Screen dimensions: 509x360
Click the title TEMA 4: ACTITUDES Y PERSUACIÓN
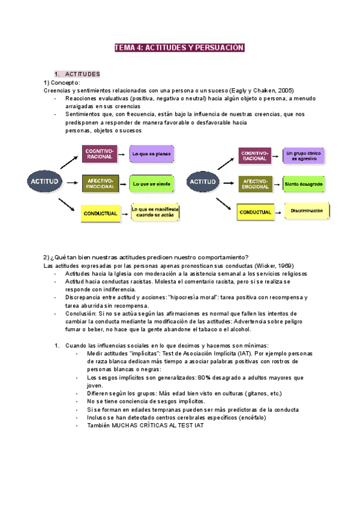[x=179, y=48]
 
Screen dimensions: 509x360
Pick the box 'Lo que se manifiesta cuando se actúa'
[x=155, y=211]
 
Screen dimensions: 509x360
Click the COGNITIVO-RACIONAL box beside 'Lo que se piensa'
[x=99, y=154]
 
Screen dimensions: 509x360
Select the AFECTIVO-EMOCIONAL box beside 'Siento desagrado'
[x=256, y=184]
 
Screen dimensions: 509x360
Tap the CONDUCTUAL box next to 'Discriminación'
[x=256, y=212]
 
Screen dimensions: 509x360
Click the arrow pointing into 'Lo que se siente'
[x=122, y=182]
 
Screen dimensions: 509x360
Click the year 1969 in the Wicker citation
[x=284, y=266]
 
